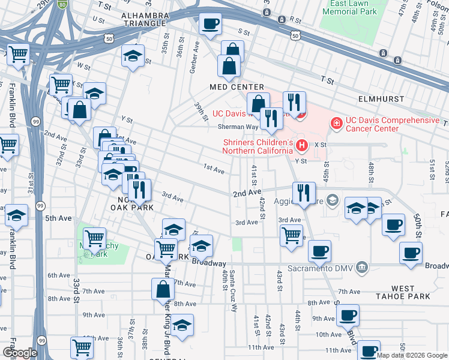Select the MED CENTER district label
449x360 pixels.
(x=237, y=87)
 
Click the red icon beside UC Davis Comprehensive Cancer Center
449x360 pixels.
(x=337, y=124)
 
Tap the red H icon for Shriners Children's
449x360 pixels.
(x=303, y=145)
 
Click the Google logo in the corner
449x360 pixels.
(x=20, y=353)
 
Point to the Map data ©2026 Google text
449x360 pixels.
(x=412, y=355)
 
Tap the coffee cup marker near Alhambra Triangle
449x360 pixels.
(x=210, y=24)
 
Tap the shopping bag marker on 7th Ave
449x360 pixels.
(x=164, y=290)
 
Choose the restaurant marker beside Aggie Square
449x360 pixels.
(x=304, y=193)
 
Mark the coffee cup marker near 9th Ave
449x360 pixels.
(x=347, y=315)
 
